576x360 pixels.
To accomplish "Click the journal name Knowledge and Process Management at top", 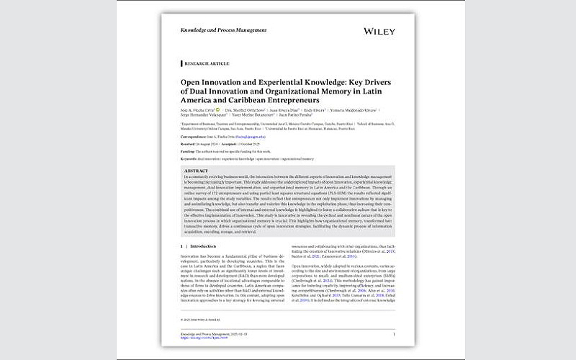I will tap(223, 30).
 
